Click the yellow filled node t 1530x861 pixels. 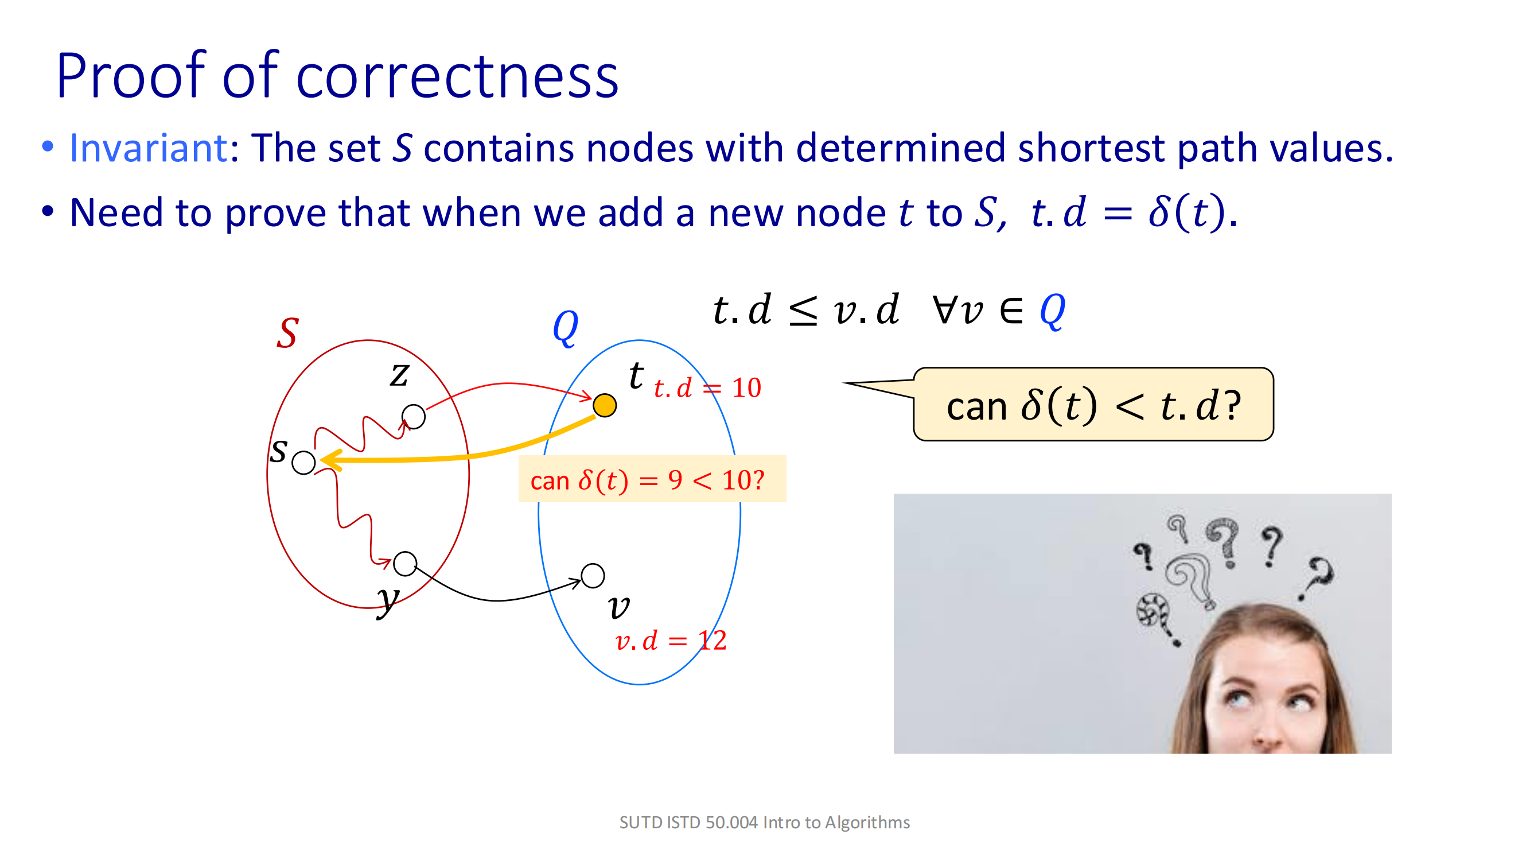click(605, 406)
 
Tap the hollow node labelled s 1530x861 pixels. click(303, 462)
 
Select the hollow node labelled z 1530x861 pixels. click(414, 417)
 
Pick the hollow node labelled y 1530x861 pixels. click(405, 563)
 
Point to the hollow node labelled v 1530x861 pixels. click(593, 575)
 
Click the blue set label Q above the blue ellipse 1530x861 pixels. click(565, 327)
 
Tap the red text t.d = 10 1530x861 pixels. click(707, 389)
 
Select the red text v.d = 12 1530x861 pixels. click(671, 641)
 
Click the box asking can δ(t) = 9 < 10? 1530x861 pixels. click(652, 479)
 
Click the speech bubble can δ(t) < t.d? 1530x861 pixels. click(1093, 405)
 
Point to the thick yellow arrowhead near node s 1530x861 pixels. click(331, 459)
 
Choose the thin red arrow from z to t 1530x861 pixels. click(508, 385)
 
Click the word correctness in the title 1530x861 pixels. click(457, 77)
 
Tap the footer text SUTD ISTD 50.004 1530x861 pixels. click(688, 823)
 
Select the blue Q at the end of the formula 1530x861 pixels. click(1053, 311)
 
